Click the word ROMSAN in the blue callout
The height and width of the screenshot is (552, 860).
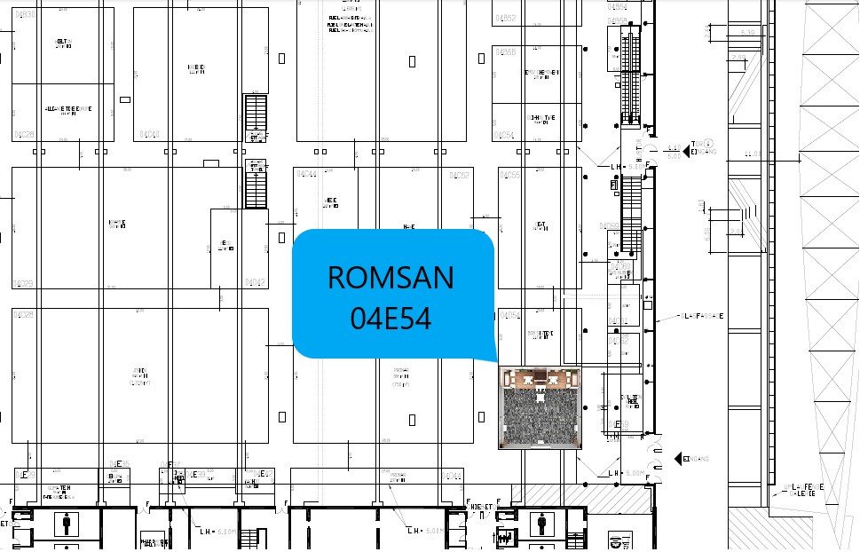coord(391,277)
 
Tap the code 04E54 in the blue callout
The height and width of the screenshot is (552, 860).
coord(391,318)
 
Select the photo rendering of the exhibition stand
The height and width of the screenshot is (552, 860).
coord(540,407)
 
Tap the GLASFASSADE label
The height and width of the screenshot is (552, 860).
coord(700,315)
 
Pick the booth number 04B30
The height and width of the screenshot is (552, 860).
coord(25,15)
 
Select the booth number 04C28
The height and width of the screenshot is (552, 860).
coord(24,135)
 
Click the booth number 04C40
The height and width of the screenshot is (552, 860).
coord(148,135)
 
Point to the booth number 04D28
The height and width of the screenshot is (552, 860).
coord(24,314)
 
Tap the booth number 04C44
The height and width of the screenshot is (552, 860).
coord(306,173)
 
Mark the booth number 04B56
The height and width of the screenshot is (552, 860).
coord(507,52)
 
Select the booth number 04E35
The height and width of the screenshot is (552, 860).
coord(119,463)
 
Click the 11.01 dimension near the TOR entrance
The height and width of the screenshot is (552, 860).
coord(753,153)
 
